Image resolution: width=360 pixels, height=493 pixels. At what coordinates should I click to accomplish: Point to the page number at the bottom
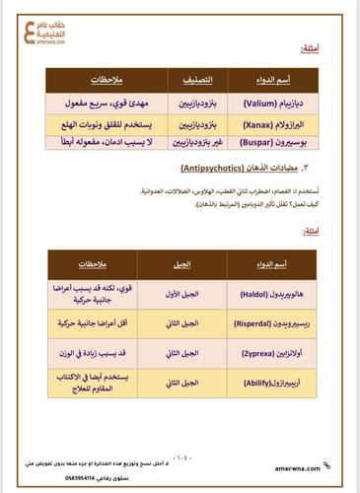coord(182,458)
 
